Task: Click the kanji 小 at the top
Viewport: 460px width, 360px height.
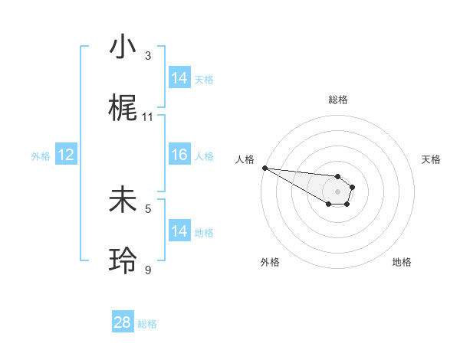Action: pyautogui.click(x=123, y=47)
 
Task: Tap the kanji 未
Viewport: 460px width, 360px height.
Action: pyautogui.click(x=123, y=200)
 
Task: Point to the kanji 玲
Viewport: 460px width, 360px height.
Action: pyautogui.click(x=123, y=261)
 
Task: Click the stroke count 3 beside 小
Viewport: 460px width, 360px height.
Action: pyautogui.click(x=148, y=56)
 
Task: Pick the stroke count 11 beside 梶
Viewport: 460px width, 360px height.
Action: pyautogui.click(x=148, y=117)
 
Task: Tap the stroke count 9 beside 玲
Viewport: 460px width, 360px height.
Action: pyautogui.click(x=148, y=270)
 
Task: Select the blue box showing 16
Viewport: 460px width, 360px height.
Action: pyautogui.click(x=179, y=155)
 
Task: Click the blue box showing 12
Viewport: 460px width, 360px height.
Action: pyautogui.click(x=66, y=155)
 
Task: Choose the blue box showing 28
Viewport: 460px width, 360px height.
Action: pyautogui.click(x=123, y=322)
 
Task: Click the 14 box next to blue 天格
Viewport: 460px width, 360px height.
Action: pyautogui.click(x=179, y=78)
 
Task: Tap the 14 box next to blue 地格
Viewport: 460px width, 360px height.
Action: pyautogui.click(x=179, y=231)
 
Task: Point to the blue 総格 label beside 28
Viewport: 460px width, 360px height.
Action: pyautogui.click(x=147, y=324)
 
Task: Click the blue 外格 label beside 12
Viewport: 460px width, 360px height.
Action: pyautogui.click(x=41, y=156)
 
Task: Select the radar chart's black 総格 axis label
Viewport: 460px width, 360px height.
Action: pyautogui.click(x=337, y=100)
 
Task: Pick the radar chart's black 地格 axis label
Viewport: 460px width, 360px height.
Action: pyautogui.click(x=402, y=262)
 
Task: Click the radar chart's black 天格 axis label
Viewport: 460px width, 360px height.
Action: pyautogui.click(x=431, y=159)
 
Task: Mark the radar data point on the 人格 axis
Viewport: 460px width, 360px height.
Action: pyautogui.click(x=264, y=168)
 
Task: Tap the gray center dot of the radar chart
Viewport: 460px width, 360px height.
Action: pyautogui.click(x=337, y=191)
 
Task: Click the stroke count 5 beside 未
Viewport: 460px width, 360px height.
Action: pyautogui.click(x=148, y=208)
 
